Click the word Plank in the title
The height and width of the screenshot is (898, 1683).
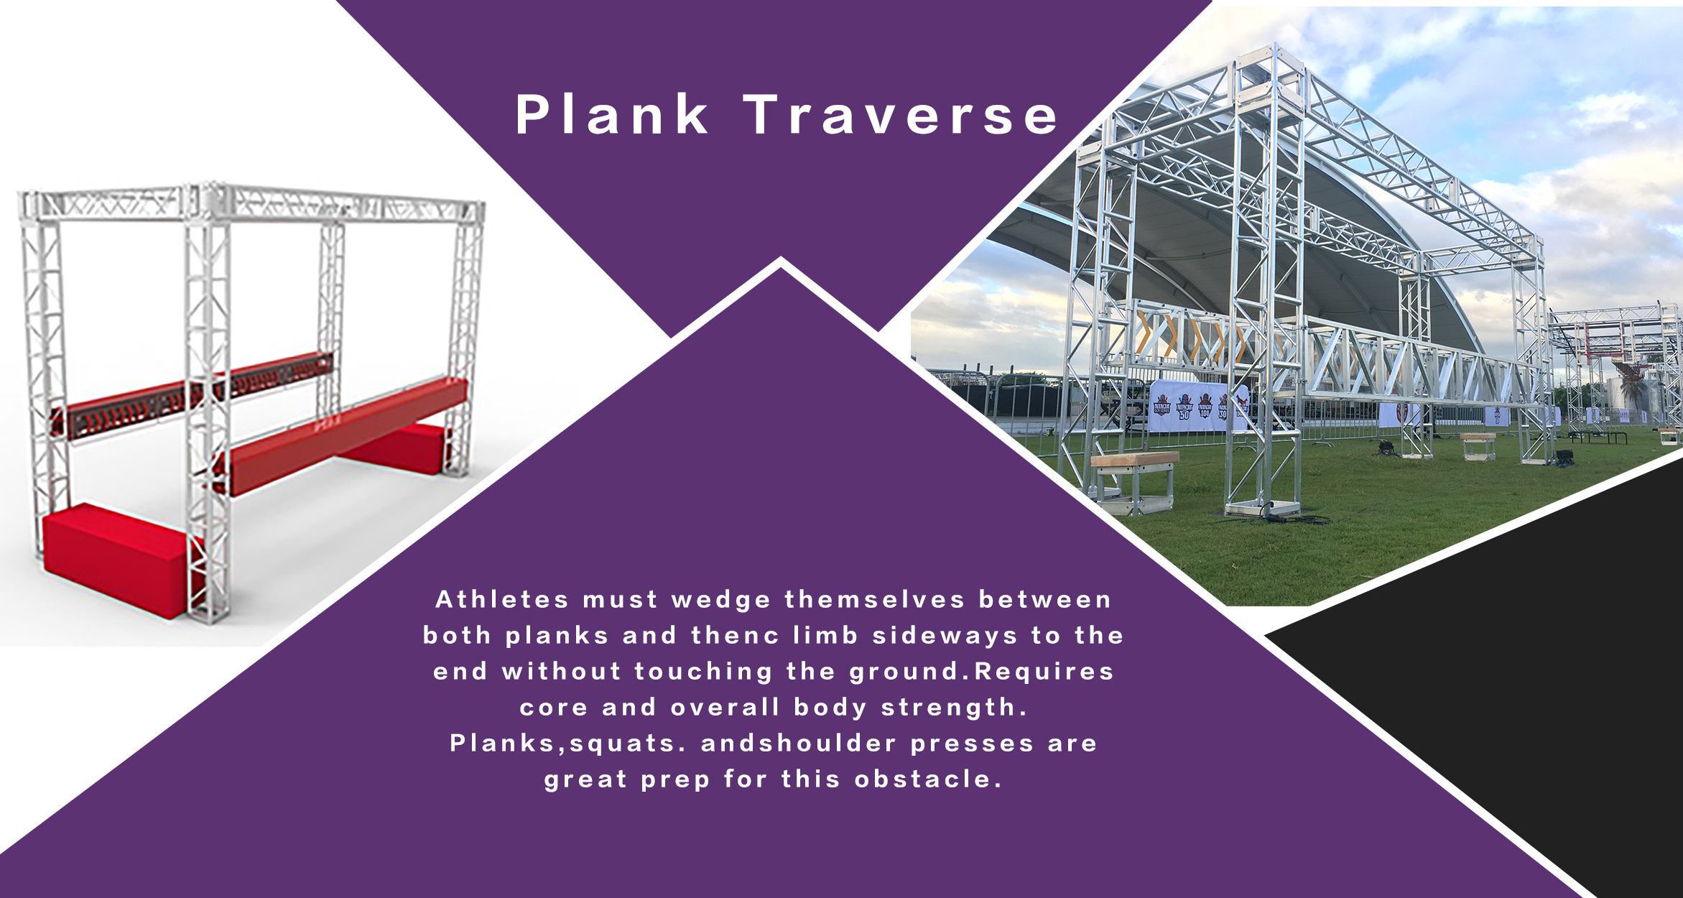(x=612, y=114)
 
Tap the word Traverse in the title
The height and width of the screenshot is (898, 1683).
(x=901, y=114)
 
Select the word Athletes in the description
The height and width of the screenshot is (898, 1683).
(x=502, y=599)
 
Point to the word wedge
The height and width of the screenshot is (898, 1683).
(x=721, y=601)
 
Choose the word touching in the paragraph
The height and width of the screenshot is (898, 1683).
(x=703, y=672)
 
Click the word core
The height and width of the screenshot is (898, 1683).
(x=553, y=708)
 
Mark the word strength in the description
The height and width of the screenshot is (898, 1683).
(x=948, y=708)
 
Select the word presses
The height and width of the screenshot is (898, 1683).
(x=972, y=744)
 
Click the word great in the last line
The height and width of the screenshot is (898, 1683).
(x=585, y=780)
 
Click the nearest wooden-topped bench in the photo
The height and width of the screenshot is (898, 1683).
(x=1134, y=481)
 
